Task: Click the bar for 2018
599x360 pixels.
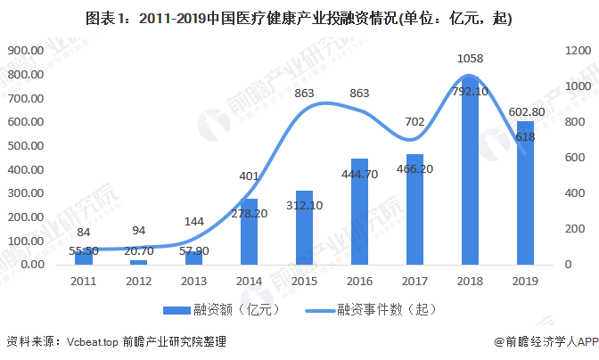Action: point(470,170)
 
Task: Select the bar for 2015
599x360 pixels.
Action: point(305,227)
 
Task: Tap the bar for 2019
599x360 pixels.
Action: point(525,192)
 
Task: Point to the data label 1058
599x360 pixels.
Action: point(470,59)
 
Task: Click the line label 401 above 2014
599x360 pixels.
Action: point(250,176)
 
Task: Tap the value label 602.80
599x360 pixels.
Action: point(526,112)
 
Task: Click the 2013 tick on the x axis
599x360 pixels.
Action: point(194,281)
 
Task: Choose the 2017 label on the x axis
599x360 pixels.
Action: point(414,281)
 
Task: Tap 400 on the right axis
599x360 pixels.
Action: point(567,193)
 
